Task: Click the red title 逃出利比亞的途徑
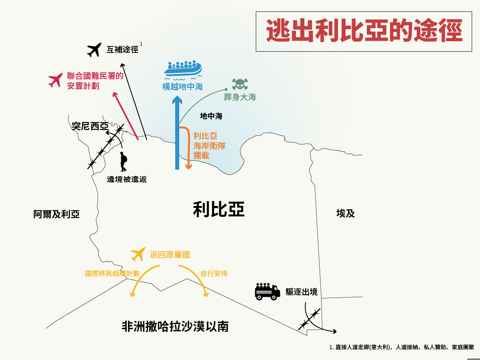click(x=364, y=31)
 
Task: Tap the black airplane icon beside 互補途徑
click(x=94, y=50)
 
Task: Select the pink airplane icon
click(x=56, y=80)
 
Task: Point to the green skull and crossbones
click(x=240, y=84)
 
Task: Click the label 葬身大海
click(x=240, y=97)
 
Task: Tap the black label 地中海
click(x=211, y=116)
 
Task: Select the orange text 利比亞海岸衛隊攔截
click(x=209, y=146)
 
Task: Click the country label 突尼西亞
click(x=90, y=126)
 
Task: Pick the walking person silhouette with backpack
click(x=123, y=162)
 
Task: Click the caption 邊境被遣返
click(x=127, y=179)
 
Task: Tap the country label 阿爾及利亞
click(x=56, y=214)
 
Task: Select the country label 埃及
click(x=346, y=213)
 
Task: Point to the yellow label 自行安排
click(x=214, y=274)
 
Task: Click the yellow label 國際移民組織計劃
click(x=112, y=274)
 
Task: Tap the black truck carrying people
click(x=268, y=291)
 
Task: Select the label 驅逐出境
click(x=301, y=292)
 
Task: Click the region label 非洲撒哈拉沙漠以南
click(x=175, y=326)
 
